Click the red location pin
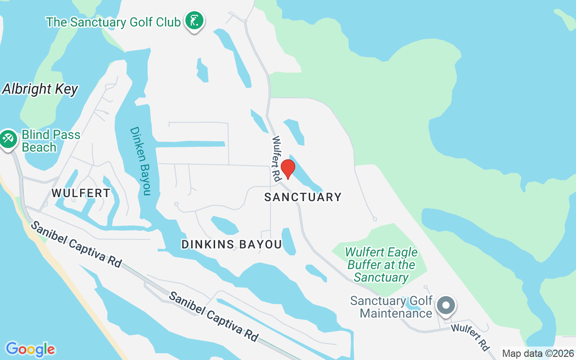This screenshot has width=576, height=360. pyautogui.click(x=288, y=169)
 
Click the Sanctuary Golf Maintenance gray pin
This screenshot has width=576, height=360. pyautogui.click(x=446, y=306)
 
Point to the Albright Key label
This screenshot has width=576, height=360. pyautogui.click(x=40, y=89)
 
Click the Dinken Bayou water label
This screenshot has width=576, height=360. pyautogui.click(x=140, y=161)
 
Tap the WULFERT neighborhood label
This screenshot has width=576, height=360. pyautogui.click(x=81, y=193)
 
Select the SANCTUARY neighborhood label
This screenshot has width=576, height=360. pyautogui.click(x=303, y=197)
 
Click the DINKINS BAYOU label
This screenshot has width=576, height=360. pyautogui.click(x=231, y=244)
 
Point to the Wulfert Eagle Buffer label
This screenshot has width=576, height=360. pyautogui.click(x=381, y=265)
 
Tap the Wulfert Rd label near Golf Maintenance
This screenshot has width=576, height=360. pyautogui.click(x=471, y=337)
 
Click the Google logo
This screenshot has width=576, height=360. pyautogui.click(x=30, y=349)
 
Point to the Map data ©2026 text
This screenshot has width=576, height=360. pyautogui.click(x=538, y=354)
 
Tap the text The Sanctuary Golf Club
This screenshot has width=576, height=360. pyautogui.click(x=113, y=22)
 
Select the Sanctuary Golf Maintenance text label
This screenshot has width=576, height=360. pyautogui.click(x=391, y=306)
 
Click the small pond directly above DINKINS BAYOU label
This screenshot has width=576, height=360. pyautogui.click(x=225, y=225)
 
